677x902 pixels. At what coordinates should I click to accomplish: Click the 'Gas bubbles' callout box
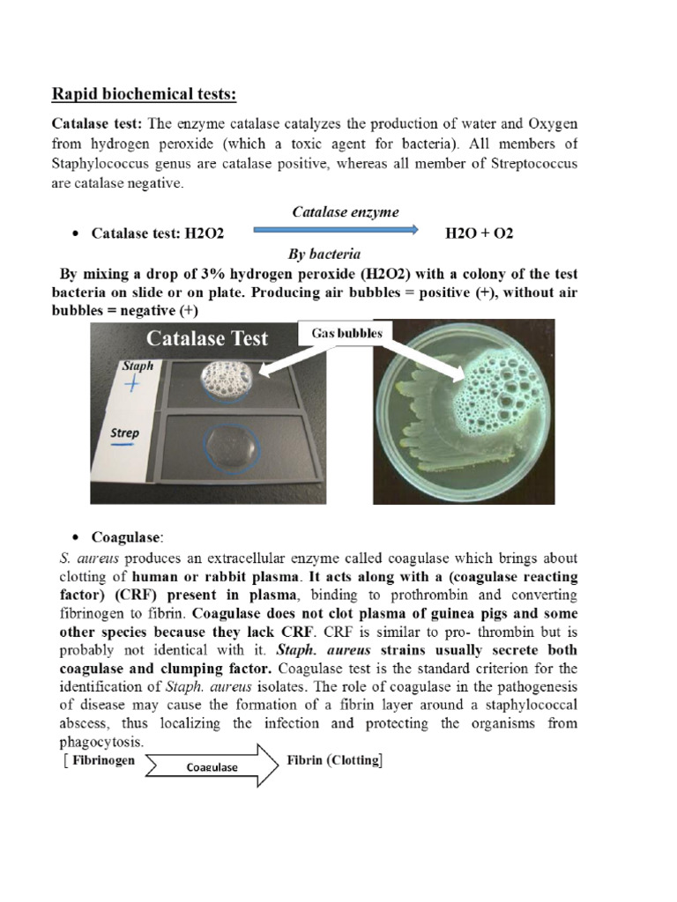click(347, 334)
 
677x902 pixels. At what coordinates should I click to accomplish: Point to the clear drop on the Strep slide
click(231, 444)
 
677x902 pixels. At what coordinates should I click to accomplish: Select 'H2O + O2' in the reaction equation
click(480, 233)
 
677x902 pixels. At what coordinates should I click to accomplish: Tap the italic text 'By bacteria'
click(324, 254)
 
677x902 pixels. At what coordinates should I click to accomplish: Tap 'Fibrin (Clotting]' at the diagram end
click(335, 760)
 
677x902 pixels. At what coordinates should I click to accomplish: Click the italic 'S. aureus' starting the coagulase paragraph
click(85, 558)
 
